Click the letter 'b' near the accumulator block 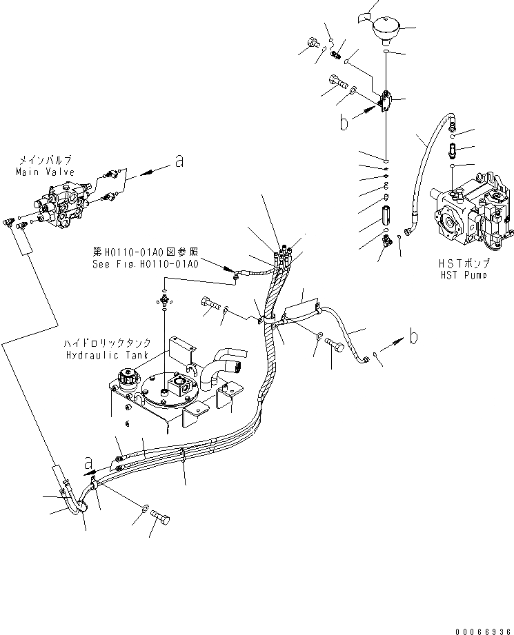pyautogui.click(x=344, y=123)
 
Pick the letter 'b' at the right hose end pyautogui.click(x=413, y=337)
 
